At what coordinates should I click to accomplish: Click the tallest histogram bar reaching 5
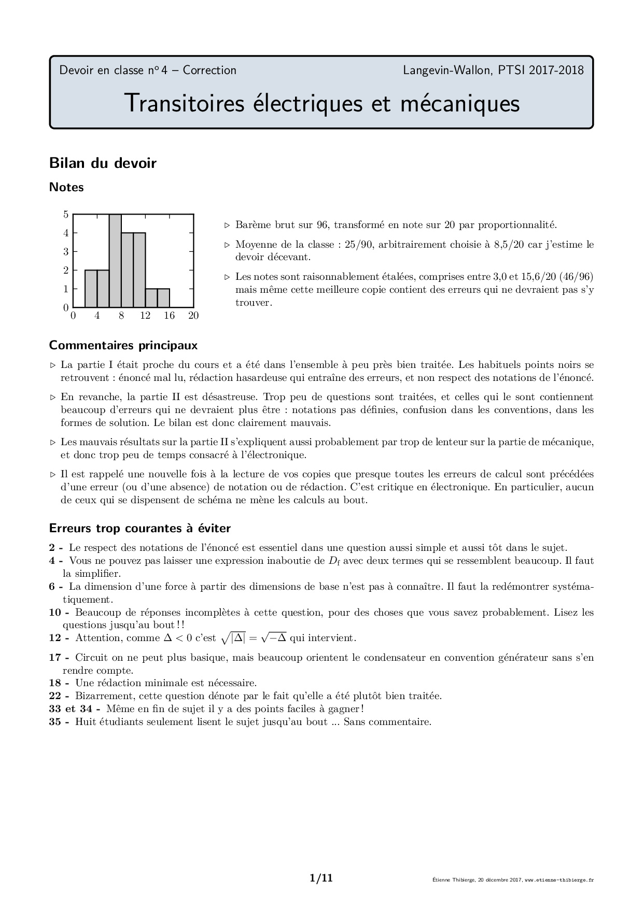(x=115, y=261)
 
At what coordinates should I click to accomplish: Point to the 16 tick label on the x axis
(x=169, y=316)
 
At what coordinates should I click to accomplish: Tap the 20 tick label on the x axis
(x=193, y=316)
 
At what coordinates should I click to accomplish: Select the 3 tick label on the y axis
(x=66, y=252)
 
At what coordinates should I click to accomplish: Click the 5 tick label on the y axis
(x=66, y=215)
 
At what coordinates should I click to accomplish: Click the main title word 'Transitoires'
(x=184, y=103)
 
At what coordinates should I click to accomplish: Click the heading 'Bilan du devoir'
(x=103, y=163)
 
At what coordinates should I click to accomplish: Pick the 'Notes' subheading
(x=66, y=188)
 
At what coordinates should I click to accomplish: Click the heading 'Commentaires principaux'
(x=123, y=345)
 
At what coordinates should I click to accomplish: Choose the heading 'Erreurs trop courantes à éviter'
(x=140, y=529)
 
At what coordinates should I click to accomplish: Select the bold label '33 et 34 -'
(x=75, y=709)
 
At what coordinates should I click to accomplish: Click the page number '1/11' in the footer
(x=321, y=878)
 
